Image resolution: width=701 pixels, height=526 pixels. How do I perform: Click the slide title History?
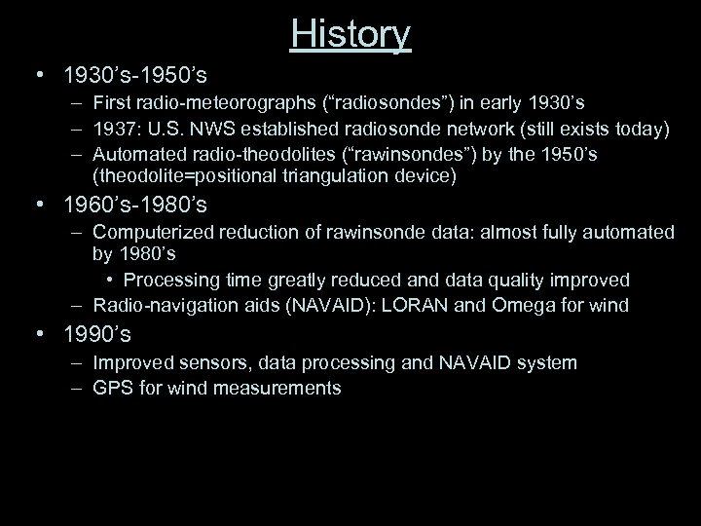[x=350, y=34]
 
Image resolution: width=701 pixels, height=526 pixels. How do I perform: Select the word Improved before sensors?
[x=133, y=362]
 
